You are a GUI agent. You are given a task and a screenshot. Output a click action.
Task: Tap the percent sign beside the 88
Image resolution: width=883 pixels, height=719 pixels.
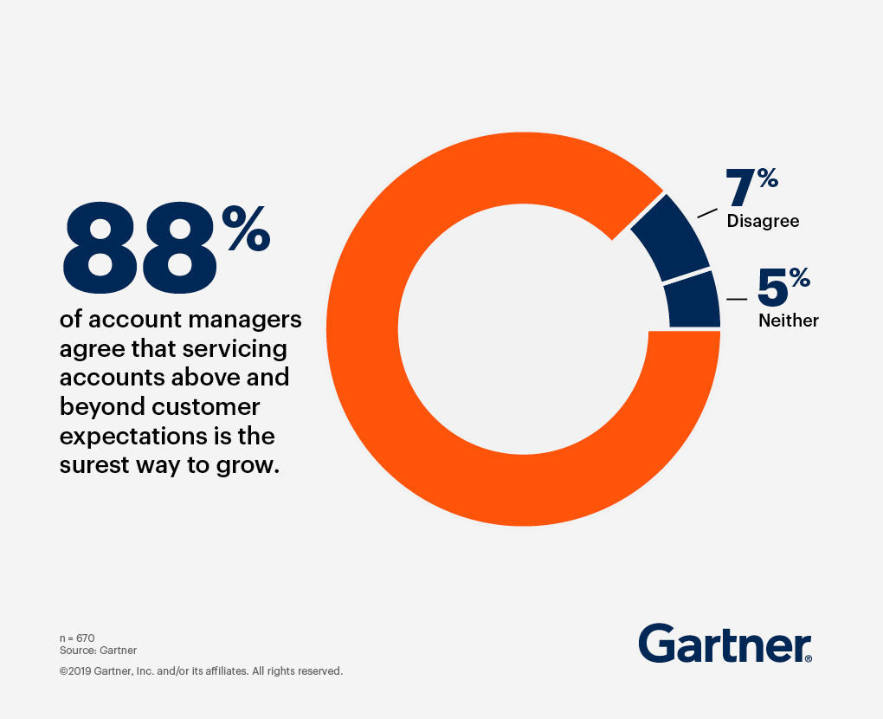point(246,228)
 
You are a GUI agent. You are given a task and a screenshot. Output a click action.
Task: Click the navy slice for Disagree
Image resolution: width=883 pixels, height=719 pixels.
point(670,236)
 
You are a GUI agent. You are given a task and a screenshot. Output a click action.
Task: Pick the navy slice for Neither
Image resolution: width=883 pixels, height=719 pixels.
point(693,299)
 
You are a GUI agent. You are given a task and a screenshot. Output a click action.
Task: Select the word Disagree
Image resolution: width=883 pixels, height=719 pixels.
point(763,221)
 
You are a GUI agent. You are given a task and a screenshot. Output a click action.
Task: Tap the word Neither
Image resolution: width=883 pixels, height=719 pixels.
point(788,321)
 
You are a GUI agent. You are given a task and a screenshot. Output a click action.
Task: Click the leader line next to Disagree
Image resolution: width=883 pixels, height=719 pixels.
point(707,211)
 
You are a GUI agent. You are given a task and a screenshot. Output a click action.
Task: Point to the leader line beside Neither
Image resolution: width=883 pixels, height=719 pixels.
point(737,299)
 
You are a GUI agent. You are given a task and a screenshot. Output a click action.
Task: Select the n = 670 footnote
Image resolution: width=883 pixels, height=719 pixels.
point(77,638)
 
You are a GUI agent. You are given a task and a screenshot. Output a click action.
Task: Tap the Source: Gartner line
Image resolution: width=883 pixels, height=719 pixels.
point(98,650)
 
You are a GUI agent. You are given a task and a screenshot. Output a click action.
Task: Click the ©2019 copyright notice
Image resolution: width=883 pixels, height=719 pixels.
point(201,670)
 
